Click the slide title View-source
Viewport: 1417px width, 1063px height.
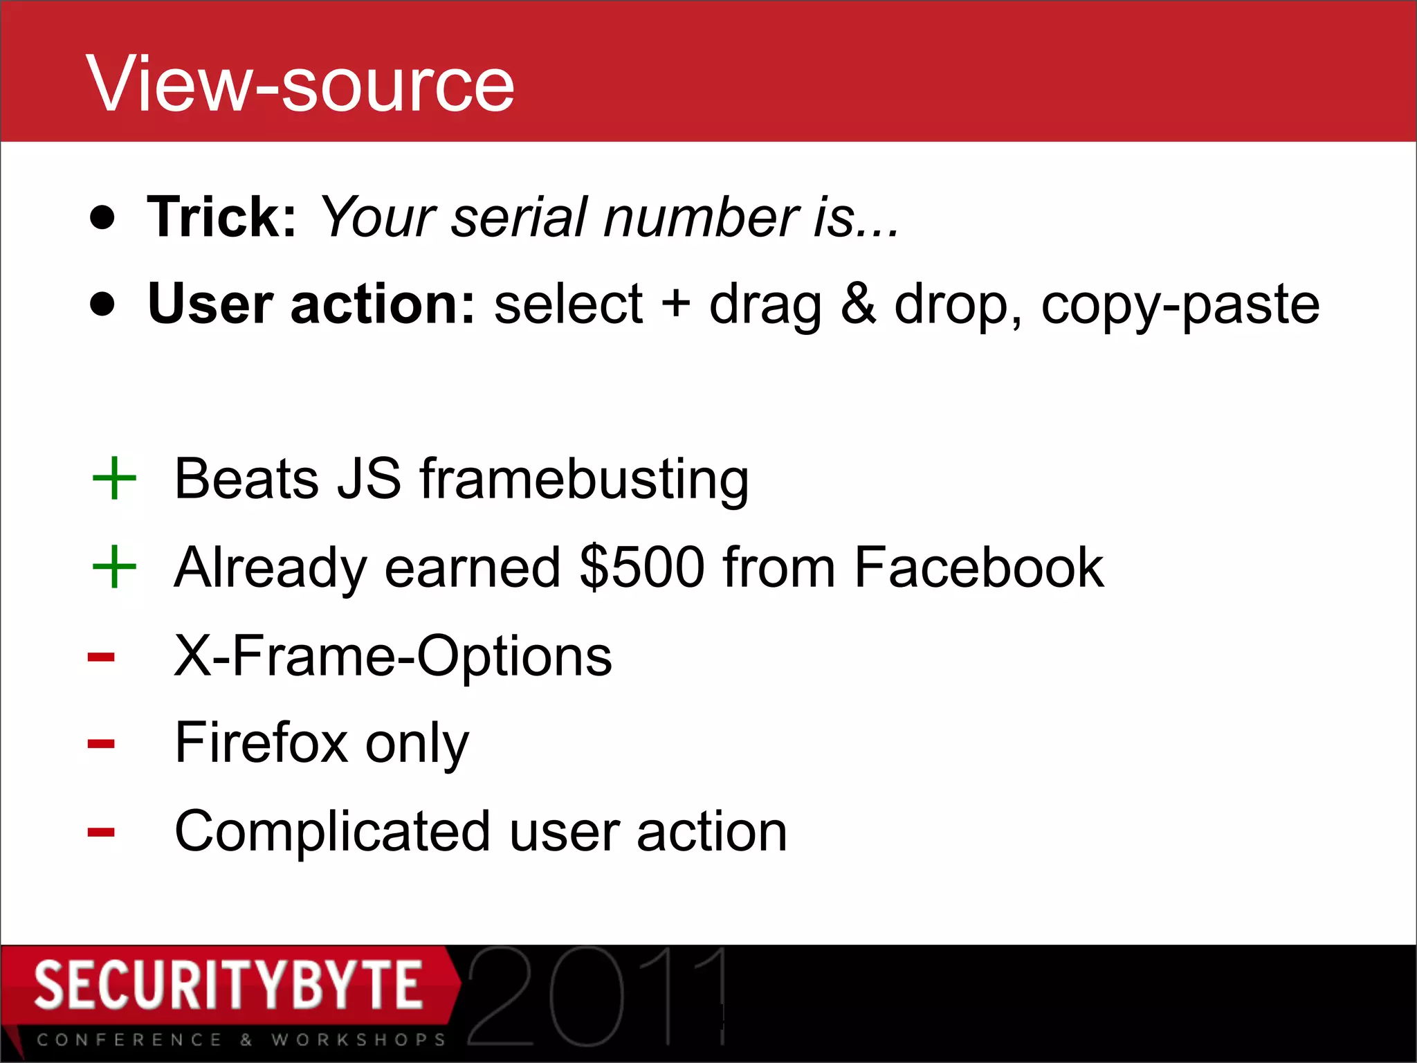[x=300, y=84]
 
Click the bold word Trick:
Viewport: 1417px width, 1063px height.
[x=221, y=217]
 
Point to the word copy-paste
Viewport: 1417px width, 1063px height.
[x=1180, y=305]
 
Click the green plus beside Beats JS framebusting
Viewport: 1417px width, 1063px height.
[x=114, y=478]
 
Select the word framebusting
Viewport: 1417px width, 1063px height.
[x=584, y=480]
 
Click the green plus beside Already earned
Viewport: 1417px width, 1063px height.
[x=114, y=567]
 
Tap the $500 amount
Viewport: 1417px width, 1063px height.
[x=642, y=567]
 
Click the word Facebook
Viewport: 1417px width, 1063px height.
[x=978, y=567]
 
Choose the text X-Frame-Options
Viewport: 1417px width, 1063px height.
[x=393, y=656]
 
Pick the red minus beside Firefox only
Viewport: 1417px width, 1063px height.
[x=101, y=745]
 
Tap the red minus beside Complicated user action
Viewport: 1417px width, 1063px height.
[x=101, y=833]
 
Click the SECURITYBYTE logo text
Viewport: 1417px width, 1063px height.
[x=228, y=985]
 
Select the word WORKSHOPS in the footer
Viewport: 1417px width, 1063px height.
[x=358, y=1040]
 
